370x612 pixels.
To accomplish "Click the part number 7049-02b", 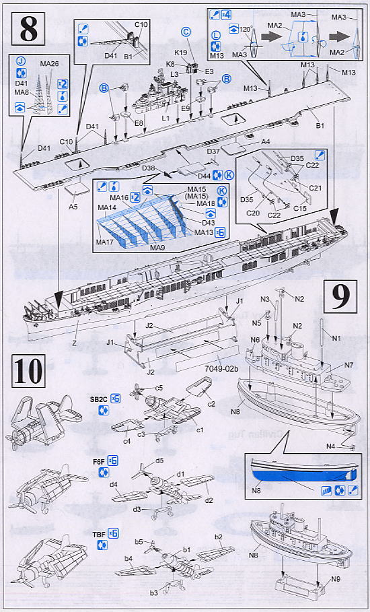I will [x=212, y=370].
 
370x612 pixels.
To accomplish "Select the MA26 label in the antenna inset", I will [x=49, y=64].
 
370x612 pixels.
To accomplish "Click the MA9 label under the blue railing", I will [x=157, y=248].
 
